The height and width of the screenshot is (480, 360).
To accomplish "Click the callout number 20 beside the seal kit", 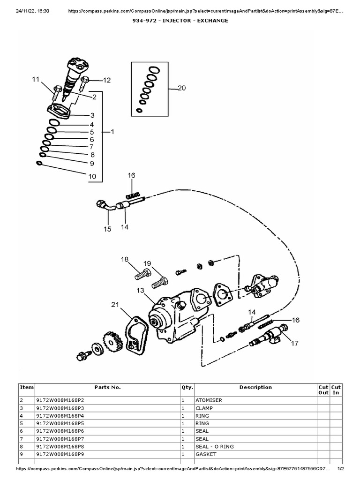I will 182,88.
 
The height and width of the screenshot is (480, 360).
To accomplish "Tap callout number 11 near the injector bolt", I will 36,80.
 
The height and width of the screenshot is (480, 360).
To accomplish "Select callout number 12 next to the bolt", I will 107,80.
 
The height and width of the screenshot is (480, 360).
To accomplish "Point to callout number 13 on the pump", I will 141,291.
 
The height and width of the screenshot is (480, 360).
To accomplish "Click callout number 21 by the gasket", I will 115,305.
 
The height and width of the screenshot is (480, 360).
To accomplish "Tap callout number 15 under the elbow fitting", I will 107,229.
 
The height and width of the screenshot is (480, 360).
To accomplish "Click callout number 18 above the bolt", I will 125,259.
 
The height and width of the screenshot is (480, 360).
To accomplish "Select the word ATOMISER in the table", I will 209,401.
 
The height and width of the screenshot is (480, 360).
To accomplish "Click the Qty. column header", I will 187,388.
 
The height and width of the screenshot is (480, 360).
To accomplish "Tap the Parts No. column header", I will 107,388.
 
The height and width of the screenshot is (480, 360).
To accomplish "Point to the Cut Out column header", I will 323,390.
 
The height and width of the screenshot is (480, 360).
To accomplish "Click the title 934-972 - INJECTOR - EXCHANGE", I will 180,21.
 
